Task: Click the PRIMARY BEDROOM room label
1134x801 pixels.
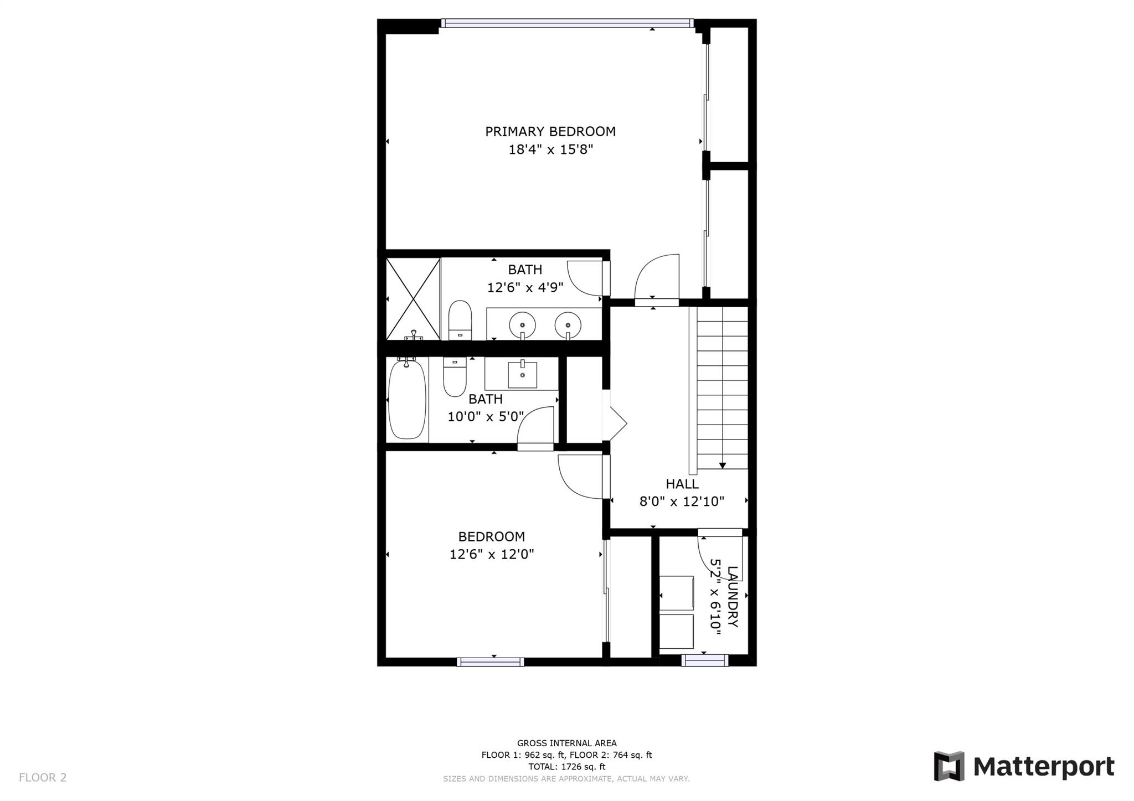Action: [x=550, y=132]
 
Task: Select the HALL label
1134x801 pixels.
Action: [x=682, y=484]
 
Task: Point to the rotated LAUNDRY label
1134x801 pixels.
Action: [x=733, y=596]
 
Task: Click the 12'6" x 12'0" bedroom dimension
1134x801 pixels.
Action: [x=492, y=554]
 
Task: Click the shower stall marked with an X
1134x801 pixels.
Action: [x=413, y=298]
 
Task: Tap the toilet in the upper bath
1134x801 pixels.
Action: [x=460, y=320]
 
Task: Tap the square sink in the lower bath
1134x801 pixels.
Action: [x=522, y=375]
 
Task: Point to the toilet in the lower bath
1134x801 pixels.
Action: [x=455, y=377]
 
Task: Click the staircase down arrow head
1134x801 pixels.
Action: [x=723, y=466]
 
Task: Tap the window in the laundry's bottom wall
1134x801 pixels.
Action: [x=704, y=660]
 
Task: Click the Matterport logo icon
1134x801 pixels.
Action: [x=949, y=766]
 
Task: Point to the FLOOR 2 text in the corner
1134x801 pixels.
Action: [x=43, y=778]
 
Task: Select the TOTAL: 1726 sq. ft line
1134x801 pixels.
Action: [x=567, y=767]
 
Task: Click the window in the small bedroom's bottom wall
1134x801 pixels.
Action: [x=491, y=662]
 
